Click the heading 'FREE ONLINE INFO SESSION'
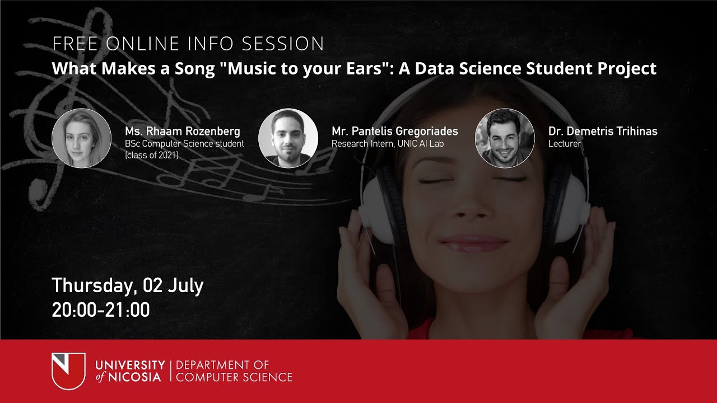(188, 44)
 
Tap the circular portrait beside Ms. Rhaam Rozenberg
(81, 138)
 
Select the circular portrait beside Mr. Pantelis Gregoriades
(288, 138)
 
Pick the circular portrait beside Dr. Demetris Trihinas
(505, 138)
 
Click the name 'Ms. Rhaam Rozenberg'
(183, 132)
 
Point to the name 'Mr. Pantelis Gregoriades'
(394, 132)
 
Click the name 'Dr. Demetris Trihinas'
(603, 132)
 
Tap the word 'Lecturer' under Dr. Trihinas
(565, 144)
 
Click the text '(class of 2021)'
(151, 155)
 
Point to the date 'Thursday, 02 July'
(128, 285)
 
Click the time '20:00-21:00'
(101, 310)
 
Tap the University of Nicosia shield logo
(68, 371)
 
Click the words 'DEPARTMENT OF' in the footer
(222, 365)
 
